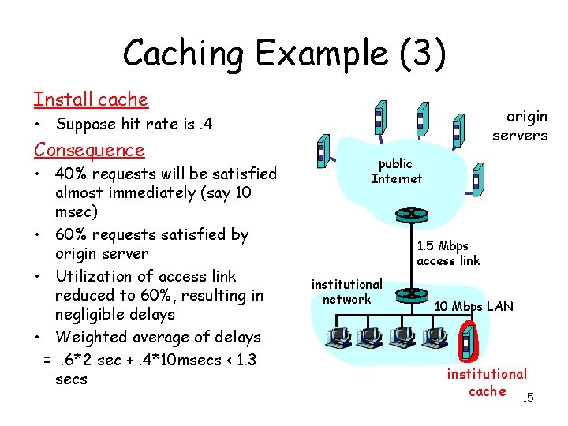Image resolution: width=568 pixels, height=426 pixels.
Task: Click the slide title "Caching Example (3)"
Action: coord(284,53)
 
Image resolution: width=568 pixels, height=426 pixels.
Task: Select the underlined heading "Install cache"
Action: coord(91,99)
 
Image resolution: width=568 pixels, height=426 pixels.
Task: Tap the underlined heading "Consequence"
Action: coord(89,150)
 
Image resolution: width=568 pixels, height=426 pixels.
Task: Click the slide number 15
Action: coord(528,397)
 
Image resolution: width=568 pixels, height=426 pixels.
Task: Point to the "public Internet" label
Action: coord(396,170)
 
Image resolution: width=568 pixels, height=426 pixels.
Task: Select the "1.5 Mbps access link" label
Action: coord(447,253)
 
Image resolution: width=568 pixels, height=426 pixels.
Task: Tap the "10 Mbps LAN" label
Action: coord(473,306)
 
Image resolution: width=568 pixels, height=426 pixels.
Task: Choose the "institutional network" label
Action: coord(346,291)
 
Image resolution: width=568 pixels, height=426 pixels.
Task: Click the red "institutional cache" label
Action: coord(486,382)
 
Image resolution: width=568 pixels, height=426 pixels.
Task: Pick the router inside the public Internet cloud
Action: coord(409,215)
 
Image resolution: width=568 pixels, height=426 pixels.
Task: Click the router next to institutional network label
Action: coord(409,293)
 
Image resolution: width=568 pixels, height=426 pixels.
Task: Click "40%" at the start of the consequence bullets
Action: coord(72,174)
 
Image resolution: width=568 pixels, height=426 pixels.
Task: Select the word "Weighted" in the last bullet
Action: coord(92,337)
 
